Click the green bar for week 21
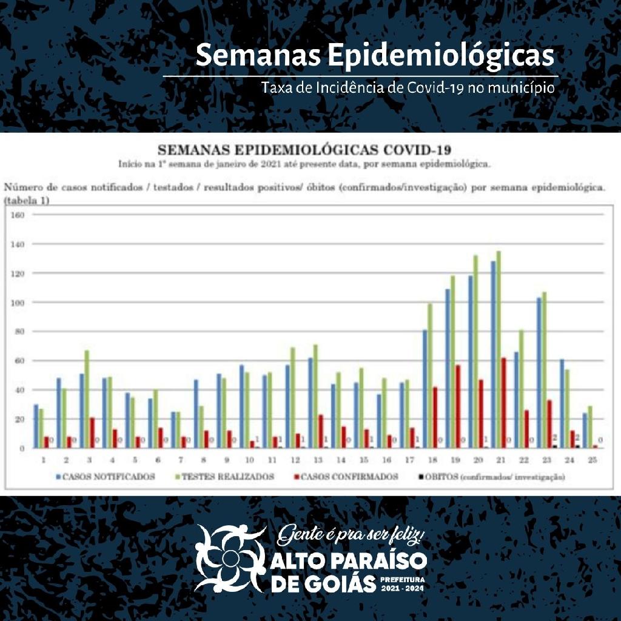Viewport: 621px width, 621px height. click(498, 350)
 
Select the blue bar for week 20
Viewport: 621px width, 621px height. click(469, 362)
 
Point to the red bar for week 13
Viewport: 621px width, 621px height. click(320, 431)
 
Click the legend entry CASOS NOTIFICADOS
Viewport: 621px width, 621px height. click(106, 477)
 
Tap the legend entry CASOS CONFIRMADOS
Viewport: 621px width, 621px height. click(358, 477)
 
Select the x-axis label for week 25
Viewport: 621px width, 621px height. click(592, 460)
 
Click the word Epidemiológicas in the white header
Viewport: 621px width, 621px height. click(441, 56)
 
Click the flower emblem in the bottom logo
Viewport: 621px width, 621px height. click(229, 558)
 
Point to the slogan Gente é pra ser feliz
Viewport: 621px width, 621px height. click(355, 536)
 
